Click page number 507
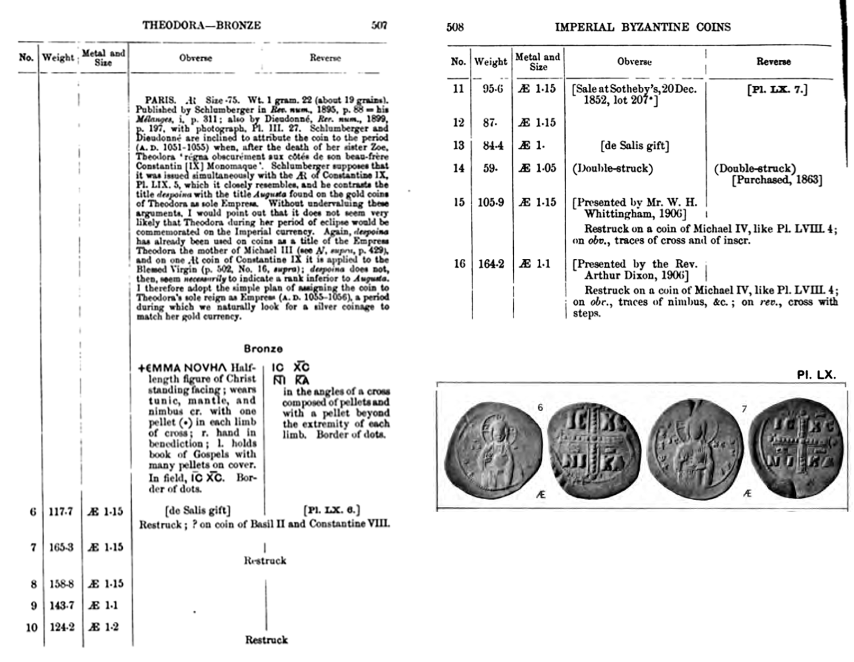click(379, 25)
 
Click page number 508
click(455, 27)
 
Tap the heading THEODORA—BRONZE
click(201, 25)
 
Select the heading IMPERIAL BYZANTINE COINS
click(642, 27)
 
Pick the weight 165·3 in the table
click(60, 547)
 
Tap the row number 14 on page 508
click(458, 168)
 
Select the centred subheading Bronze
click(263, 349)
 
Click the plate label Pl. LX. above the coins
click(816, 375)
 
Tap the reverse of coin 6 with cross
click(594, 450)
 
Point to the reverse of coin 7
click(796, 450)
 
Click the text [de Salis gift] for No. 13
click(634, 146)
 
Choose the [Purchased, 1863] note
click(777, 180)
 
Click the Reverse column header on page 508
click(773, 62)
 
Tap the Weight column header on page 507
click(58, 57)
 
